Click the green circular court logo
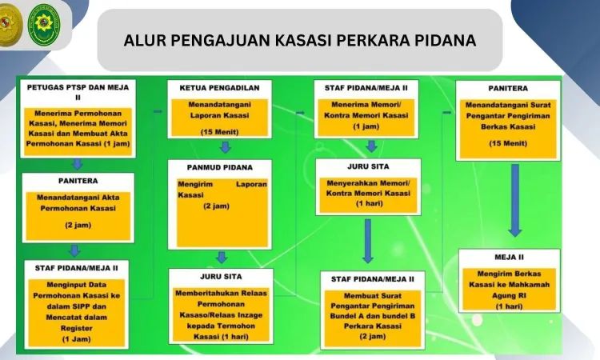pos(44,26)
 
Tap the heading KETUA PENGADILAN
pos(220,88)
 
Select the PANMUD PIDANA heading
pos(220,167)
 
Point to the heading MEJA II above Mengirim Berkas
pos(509,257)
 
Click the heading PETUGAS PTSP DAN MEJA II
pos(78,92)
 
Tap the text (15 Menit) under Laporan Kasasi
pos(220,132)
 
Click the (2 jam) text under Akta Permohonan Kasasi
pos(78,225)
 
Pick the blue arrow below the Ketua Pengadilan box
pos(225,147)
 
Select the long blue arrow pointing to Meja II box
pos(515,201)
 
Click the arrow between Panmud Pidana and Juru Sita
pos(221,257)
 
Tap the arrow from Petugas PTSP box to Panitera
pos(78,164)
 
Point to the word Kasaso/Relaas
pos(221,315)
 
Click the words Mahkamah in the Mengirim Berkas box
pos(528,285)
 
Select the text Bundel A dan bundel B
pos(372,316)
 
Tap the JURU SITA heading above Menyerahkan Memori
pos(368,166)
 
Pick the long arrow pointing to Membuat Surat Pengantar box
pos(368,241)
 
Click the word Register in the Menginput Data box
pos(77,328)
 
